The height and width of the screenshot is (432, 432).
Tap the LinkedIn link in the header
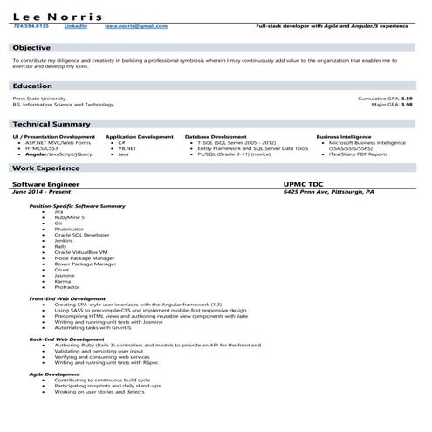(x=77, y=27)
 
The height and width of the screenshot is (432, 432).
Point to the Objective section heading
(x=32, y=46)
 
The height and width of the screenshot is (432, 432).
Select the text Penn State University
(x=39, y=99)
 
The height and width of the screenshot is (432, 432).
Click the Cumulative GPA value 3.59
(x=406, y=99)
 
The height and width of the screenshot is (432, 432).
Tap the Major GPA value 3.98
(x=406, y=105)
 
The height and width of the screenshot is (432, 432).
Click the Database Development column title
(x=216, y=137)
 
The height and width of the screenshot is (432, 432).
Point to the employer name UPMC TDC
(x=305, y=184)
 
